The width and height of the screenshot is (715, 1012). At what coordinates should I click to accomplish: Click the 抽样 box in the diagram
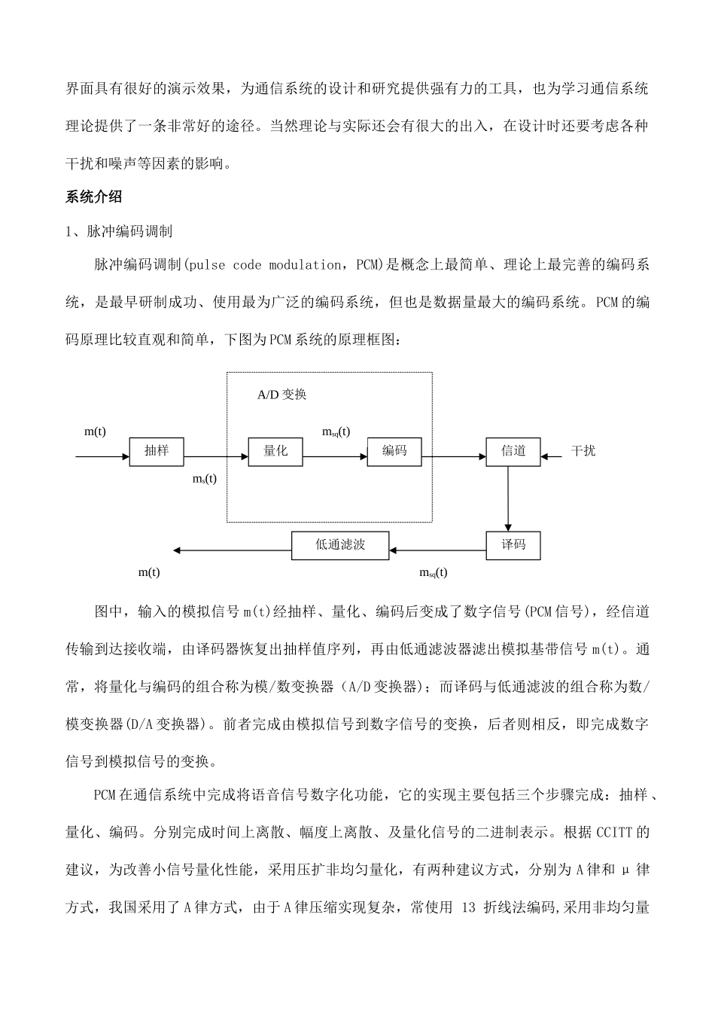point(157,452)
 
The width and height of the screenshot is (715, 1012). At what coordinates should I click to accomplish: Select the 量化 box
point(275,452)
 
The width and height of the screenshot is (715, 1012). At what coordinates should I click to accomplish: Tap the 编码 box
point(394,452)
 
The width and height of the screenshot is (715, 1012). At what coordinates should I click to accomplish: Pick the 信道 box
point(513,452)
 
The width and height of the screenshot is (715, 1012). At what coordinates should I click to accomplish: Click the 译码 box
point(513,545)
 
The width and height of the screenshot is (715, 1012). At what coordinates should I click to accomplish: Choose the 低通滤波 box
point(340,545)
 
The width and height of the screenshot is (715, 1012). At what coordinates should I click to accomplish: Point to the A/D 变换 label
point(281,395)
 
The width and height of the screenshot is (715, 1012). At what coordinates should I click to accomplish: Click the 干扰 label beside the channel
point(583,451)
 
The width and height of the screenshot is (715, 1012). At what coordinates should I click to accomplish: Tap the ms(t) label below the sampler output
point(205,479)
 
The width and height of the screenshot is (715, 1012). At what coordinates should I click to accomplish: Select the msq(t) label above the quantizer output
point(336,431)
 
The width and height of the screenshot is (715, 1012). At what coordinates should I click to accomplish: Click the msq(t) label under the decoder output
point(433,572)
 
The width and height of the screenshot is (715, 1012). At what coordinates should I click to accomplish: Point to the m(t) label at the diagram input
point(95,431)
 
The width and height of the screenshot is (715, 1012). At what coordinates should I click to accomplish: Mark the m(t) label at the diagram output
point(149,572)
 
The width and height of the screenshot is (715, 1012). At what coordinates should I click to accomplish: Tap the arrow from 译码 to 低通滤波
point(437,550)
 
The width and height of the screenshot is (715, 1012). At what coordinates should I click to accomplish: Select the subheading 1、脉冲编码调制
point(120,231)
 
